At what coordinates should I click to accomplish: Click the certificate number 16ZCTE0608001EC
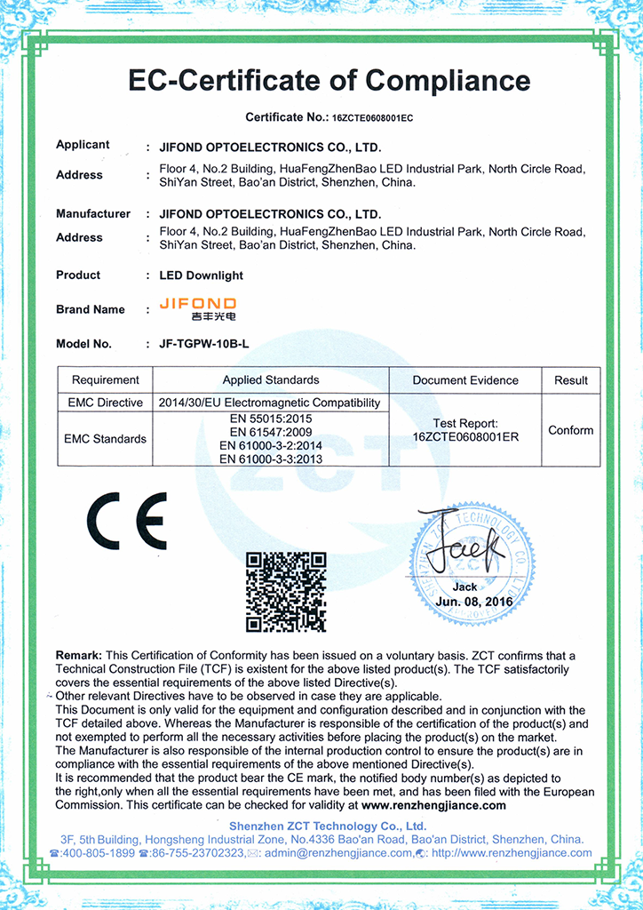373,117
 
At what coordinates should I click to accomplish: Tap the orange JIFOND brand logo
197,308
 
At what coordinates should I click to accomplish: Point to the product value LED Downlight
200,275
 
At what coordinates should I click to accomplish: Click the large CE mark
126,523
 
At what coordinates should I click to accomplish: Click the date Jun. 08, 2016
464,603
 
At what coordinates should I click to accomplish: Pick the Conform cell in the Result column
570,430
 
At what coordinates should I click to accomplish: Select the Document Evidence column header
465,380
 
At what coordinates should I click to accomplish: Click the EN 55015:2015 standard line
271,418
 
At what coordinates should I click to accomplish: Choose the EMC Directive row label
106,403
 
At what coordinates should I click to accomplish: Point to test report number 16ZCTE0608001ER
465,436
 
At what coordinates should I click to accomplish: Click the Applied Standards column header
271,380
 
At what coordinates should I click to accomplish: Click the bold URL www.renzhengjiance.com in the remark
433,805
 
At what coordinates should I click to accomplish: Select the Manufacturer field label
93,214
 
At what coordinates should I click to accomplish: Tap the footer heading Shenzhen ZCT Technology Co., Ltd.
328,826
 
